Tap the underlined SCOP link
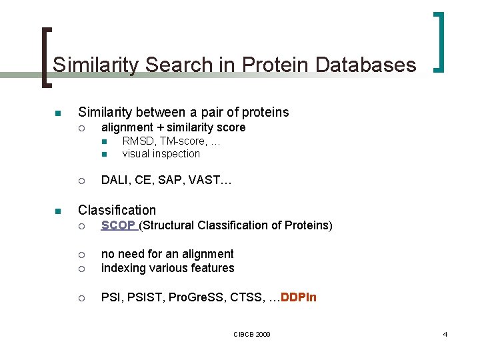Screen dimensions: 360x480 point(119,225)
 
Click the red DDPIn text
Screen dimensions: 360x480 point(299,297)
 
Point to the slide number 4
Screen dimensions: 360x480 point(445,333)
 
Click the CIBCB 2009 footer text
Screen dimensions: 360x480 point(251,333)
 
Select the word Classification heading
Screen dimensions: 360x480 point(117,210)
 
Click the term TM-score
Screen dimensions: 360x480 point(182,141)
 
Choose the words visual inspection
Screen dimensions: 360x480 point(161,154)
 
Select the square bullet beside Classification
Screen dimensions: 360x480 point(57,211)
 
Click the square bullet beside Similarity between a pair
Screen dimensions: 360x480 point(57,113)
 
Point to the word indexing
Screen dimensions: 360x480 point(122,269)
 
